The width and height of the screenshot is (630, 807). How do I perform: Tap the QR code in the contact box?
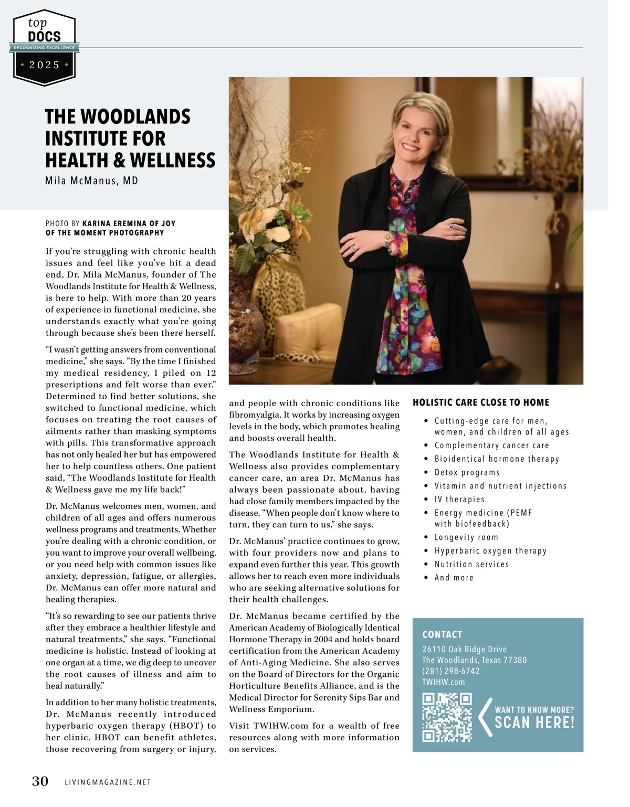[x=447, y=717]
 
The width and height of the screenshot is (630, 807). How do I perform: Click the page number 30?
[x=40, y=781]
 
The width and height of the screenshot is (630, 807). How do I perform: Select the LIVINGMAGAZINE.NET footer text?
[x=108, y=782]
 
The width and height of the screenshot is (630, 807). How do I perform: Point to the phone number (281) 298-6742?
[x=451, y=671]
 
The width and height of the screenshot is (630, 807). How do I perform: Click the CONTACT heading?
[x=442, y=634]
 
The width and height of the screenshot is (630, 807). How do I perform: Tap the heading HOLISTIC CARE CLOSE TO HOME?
[x=481, y=402]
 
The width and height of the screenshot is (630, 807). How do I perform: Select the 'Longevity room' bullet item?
[x=466, y=537]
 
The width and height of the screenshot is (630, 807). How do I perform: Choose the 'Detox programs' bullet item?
[x=467, y=472]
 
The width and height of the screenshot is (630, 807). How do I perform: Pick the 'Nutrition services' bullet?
[x=471, y=564]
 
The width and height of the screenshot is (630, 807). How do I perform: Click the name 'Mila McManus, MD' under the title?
[x=92, y=181]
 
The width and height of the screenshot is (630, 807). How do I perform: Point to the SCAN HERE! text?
[x=534, y=723]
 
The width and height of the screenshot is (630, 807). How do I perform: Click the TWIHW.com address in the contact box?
[x=444, y=682]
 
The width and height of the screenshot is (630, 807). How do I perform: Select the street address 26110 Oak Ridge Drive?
[x=465, y=649]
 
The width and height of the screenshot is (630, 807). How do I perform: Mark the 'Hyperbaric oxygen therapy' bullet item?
[x=490, y=550]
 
